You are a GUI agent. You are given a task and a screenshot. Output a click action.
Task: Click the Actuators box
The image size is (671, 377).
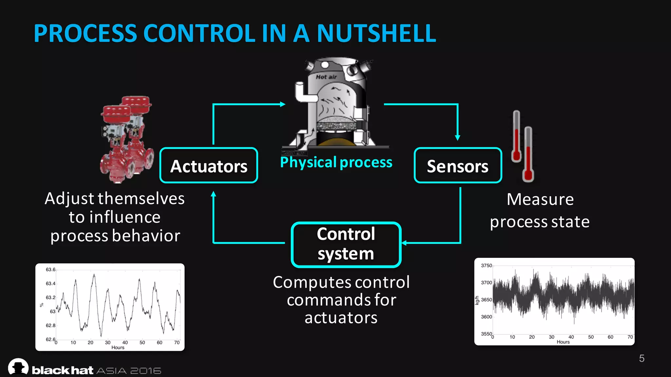[x=209, y=166]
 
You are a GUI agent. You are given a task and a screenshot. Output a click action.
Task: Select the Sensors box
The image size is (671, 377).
[x=458, y=166]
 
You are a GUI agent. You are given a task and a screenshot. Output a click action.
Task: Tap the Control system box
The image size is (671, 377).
[x=346, y=244]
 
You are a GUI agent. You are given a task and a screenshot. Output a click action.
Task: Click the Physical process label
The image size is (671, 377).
[x=336, y=162]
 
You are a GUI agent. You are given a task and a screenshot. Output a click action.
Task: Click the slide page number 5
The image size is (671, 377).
[x=642, y=358]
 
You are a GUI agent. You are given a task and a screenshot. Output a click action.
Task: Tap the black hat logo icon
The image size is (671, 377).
[x=18, y=367]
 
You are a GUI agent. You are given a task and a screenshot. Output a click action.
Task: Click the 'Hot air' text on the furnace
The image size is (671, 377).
[x=326, y=77]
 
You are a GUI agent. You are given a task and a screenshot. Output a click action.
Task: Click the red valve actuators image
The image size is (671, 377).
[x=127, y=139]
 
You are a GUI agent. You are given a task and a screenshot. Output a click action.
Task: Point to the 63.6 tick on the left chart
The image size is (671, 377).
[x=50, y=270]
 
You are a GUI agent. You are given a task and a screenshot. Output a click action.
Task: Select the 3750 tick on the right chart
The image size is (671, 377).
[x=486, y=265]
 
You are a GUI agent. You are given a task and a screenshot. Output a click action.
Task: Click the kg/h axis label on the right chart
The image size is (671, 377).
[x=477, y=300]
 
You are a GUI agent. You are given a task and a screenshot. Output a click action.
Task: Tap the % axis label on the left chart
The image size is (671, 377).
[x=42, y=305]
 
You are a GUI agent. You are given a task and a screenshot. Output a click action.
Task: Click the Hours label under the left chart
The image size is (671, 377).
[x=118, y=348]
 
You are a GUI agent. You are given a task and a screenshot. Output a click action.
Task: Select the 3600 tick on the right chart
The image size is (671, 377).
[x=486, y=317]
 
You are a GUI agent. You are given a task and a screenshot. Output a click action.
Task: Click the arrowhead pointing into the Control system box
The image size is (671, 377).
[x=404, y=243]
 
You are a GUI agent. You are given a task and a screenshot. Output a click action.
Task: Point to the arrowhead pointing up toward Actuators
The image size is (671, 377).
[x=213, y=194]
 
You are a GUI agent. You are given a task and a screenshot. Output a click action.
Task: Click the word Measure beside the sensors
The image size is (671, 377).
[x=540, y=199]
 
